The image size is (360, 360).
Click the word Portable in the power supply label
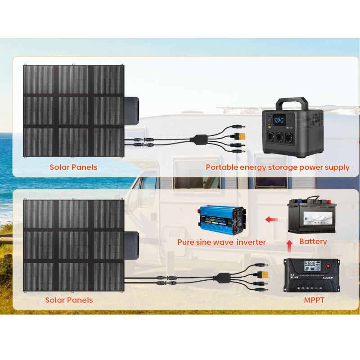tap(221, 167)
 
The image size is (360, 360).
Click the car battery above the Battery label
tap(312, 217)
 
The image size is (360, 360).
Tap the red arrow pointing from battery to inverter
tap(271, 220)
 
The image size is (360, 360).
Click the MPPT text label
tap(314, 300)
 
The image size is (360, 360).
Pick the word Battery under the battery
tap(313, 242)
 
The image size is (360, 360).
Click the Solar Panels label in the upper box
tap(73, 167)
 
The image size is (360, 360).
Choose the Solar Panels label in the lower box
tap(69, 300)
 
